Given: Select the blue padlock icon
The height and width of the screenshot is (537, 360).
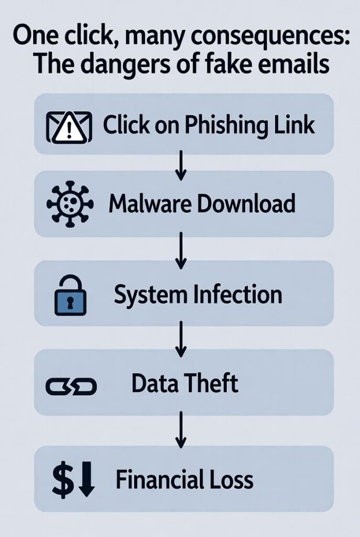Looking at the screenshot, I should point(70,296).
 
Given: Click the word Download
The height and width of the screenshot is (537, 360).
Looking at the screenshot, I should point(246,204).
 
